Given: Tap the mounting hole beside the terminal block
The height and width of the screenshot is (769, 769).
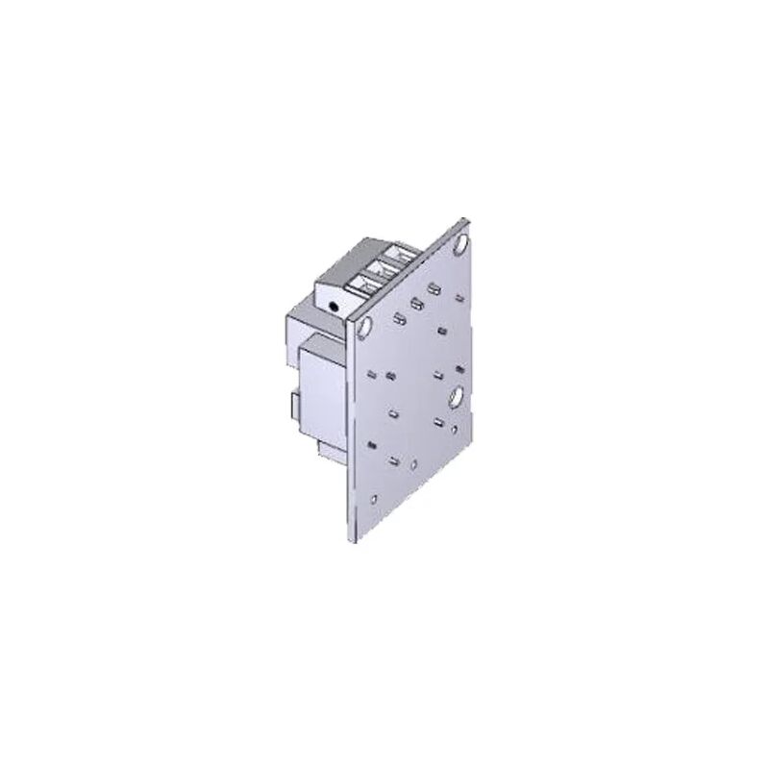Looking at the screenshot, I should pyautogui.click(x=365, y=328).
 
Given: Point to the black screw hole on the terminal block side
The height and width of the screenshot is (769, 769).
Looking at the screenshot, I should pyautogui.click(x=333, y=305).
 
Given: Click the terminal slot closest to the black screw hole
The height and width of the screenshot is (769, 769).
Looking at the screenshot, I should pyautogui.click(x=362, y=285).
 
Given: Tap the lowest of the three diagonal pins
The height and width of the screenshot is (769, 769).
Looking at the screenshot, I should pyautogui.click(x=397, y=318).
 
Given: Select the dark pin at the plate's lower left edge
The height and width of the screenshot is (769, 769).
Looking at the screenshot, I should pyautogui.click(x=371, y=444).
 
